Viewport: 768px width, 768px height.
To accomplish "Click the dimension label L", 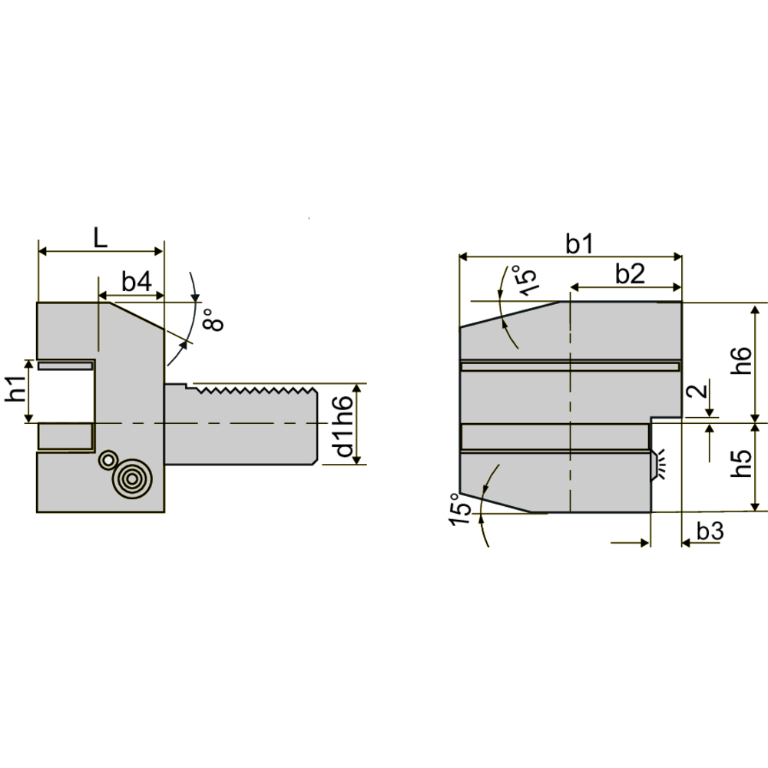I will click(101, 237).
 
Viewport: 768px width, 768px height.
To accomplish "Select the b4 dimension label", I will click(136, 282).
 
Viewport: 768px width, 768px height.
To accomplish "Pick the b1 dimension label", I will click(579, 243).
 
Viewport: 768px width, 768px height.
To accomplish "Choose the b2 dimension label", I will click(630, 274).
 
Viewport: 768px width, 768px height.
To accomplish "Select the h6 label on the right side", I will click(739, 361).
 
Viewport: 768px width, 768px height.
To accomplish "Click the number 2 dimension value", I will click(697, 392).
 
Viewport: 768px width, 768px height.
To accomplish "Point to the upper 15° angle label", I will click(522, 280).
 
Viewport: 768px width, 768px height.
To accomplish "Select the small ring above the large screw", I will click(108, 460).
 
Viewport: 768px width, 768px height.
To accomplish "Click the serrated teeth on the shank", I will click(253, 390).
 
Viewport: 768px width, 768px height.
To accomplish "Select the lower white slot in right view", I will click(553, 436).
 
